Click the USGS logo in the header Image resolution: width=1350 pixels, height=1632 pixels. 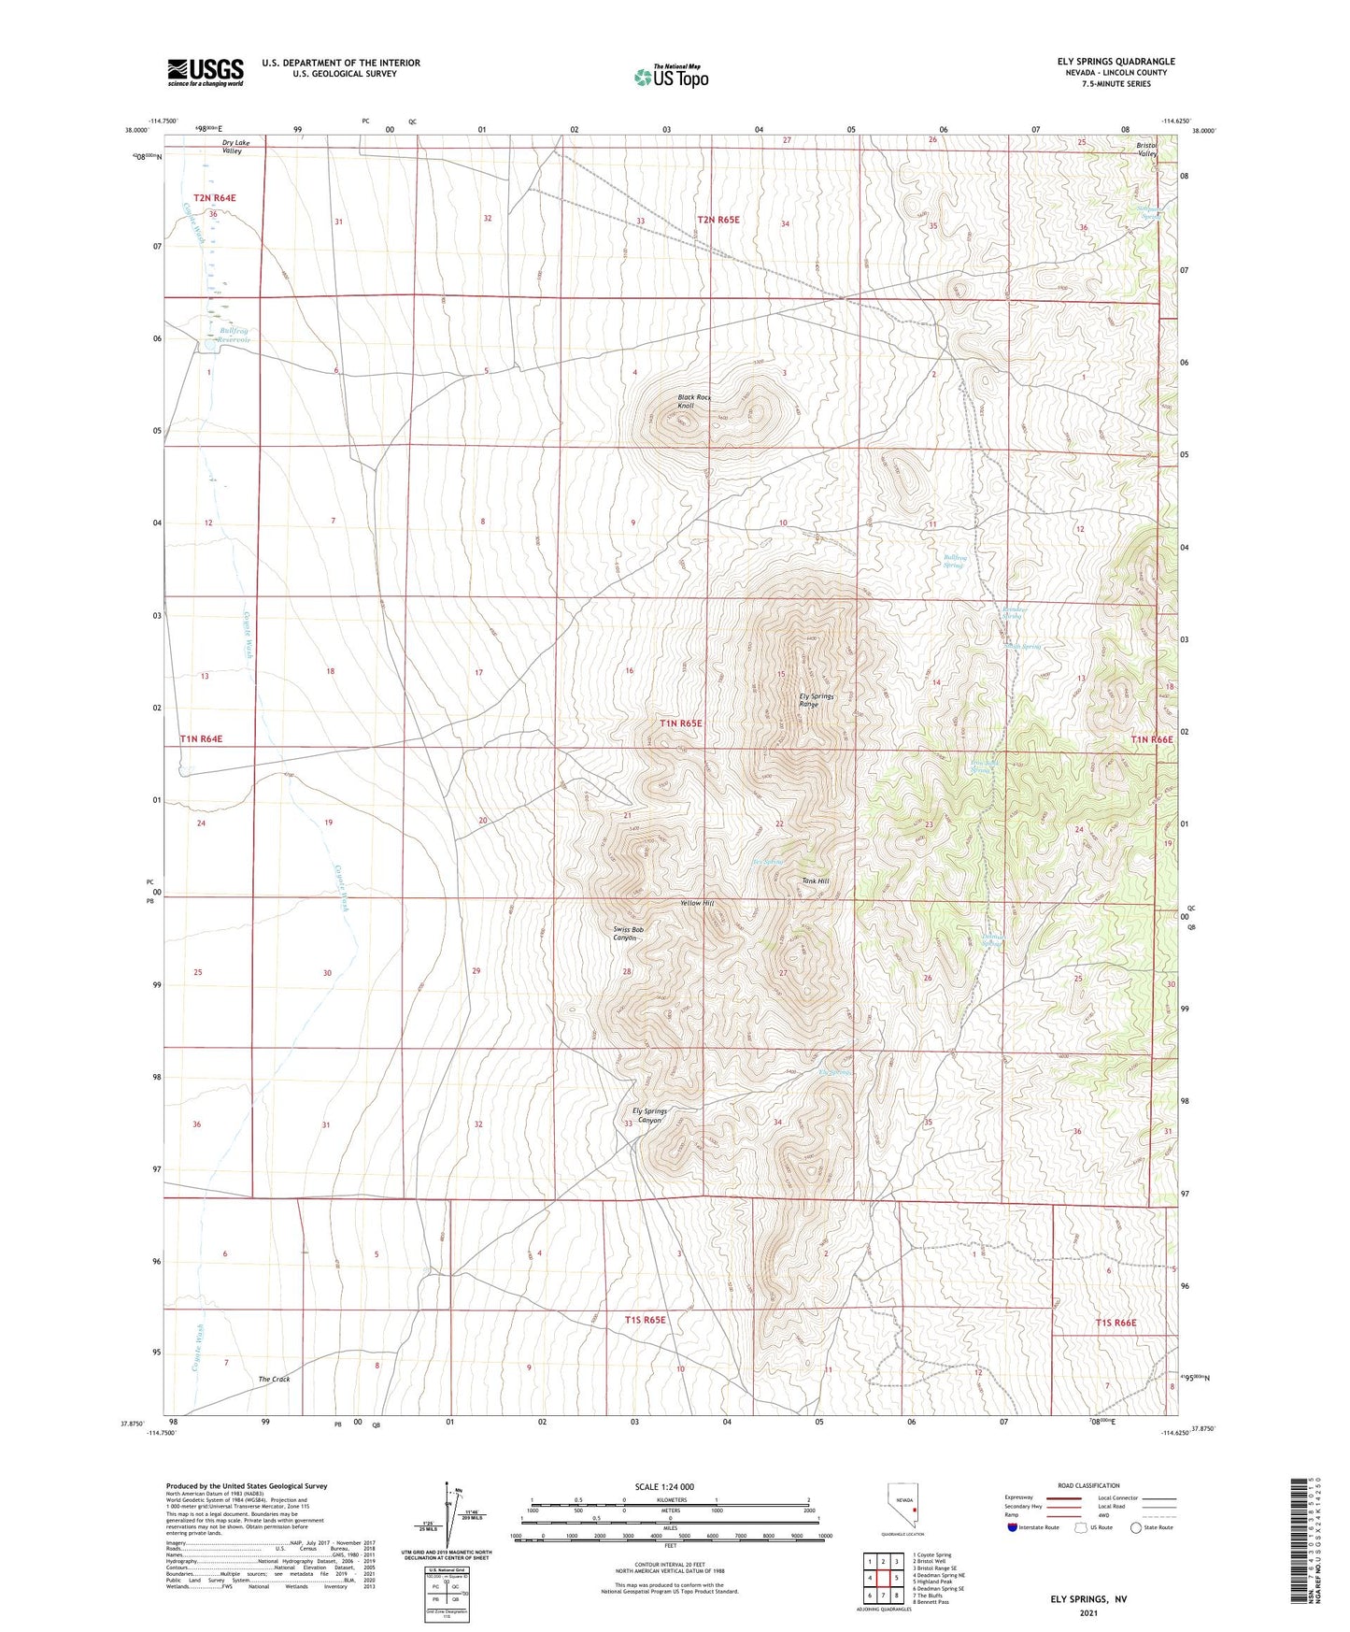[206, 72]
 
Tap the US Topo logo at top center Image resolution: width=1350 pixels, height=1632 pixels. [671, 77]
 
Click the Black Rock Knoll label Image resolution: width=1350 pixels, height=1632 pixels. [693, 402]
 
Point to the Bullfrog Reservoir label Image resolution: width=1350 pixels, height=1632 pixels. [234, 335]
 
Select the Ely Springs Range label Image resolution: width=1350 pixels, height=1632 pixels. [816, 700]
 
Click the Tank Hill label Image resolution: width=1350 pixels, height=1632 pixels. [815, 880]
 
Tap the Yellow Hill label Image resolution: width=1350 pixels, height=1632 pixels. [696, 903]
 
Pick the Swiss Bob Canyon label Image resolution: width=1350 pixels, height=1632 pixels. [629, 934]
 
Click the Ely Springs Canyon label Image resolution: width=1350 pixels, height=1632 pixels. [649, 1115]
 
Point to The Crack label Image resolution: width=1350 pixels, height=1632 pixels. [274, 1379]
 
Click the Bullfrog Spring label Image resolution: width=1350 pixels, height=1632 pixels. [954, 561]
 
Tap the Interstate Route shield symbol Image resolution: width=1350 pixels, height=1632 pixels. [1012, 1527]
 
